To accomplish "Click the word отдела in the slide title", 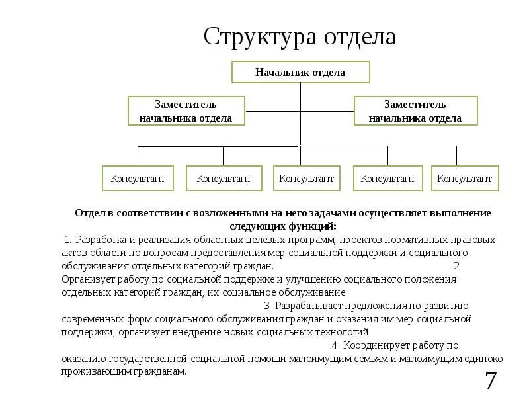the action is [x=360, y=37].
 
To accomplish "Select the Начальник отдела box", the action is [x=300, y=72].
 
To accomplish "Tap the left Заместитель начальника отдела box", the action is [x=186, y=111].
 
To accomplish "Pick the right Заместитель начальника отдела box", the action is [x=415, y=111].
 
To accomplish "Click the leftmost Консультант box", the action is [x=138, y=179].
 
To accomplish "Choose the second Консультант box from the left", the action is [x=223, y=179].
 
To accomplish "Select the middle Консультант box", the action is [x=306, y=179].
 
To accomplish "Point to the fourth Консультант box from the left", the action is [x=387, y=179].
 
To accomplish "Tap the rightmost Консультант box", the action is [x=465, y=179].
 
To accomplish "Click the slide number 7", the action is [x=491, y=382].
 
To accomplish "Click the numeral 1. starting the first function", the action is [x=69, y=240].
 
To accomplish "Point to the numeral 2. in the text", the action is [x=458, y=266].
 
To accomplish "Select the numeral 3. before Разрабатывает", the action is [x=267, y=306].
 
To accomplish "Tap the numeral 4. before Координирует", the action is [x=336, y=345].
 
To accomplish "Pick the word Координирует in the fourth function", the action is [x=375, y=345].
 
